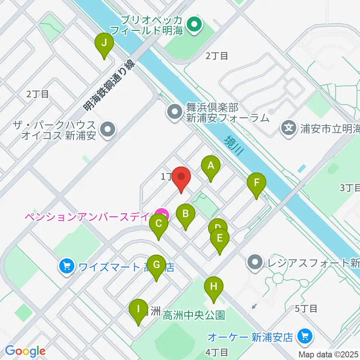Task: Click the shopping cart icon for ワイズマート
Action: pos(67,267)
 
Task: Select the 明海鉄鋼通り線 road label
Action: pos(109,85)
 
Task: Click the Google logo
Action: pos(25,351)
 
